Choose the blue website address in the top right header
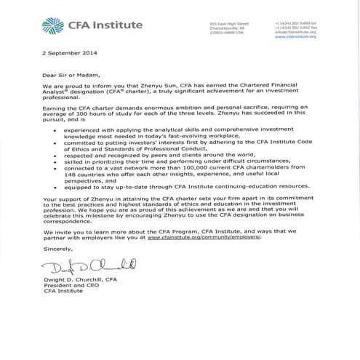[x=296, y=36]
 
